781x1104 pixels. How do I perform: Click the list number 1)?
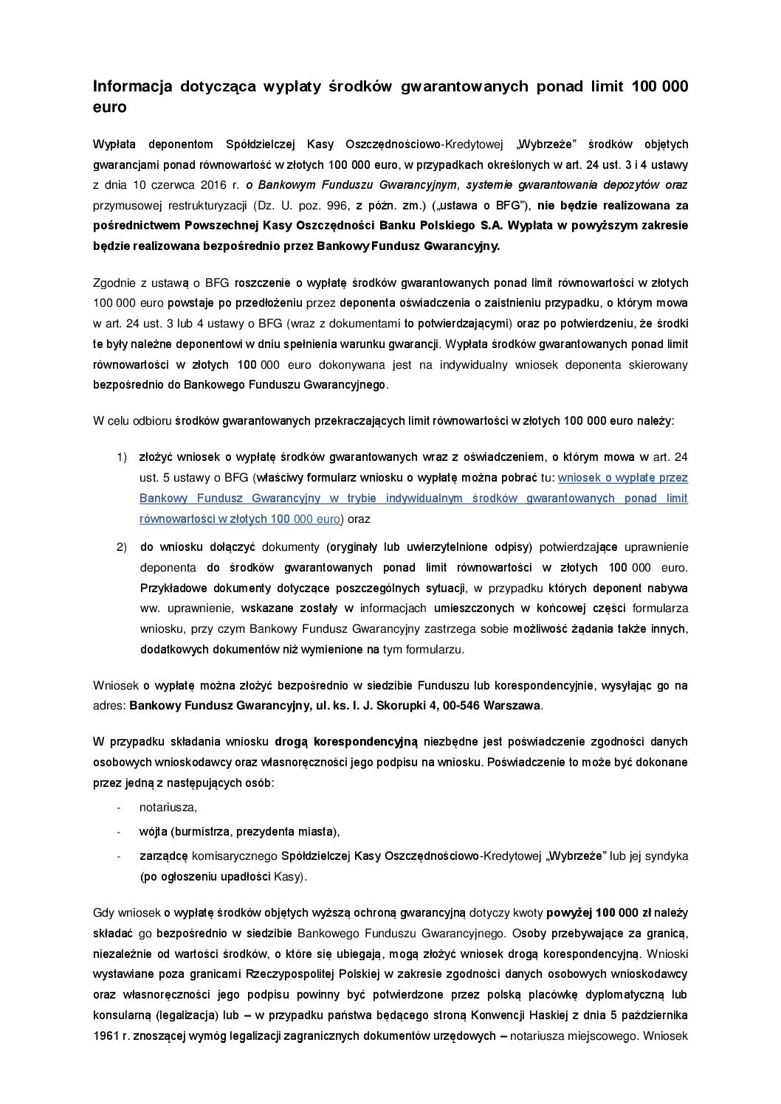click(122, 457)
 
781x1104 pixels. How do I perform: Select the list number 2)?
click(122, 547)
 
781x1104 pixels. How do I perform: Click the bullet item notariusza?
click(168, 808)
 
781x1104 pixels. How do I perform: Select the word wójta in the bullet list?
click(153, 832)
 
